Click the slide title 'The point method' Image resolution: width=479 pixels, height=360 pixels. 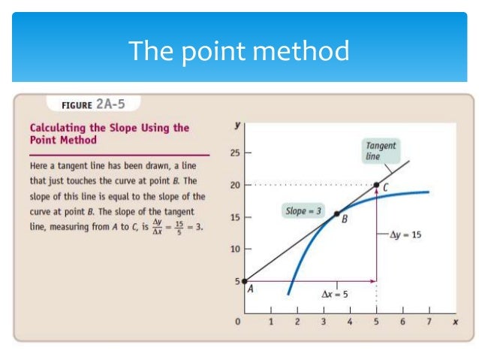coord(239,51)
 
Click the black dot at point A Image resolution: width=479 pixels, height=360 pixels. coord(245,281)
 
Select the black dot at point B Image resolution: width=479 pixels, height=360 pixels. coord(337,213)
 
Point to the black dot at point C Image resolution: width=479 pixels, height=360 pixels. coord(376,184)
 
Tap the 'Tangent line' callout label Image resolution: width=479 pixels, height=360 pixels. coord(381,150)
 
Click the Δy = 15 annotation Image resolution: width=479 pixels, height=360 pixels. coord(405,234)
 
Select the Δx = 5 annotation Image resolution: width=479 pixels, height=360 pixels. coord(335,294)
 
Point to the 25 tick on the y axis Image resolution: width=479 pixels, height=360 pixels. coord(235,153)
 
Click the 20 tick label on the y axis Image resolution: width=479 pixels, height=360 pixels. coord(235,185)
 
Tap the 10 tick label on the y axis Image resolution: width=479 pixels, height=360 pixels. coord(235,249)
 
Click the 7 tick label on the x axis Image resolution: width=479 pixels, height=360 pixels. coord(429,322)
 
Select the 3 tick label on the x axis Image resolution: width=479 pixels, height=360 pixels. coord(324,322)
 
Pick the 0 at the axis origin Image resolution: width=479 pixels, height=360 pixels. coord(238,322)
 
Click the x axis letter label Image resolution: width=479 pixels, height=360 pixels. coord(455,322)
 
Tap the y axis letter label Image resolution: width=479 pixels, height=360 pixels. coord(238,126)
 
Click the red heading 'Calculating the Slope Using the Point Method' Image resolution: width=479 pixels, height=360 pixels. coord(109,134)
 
